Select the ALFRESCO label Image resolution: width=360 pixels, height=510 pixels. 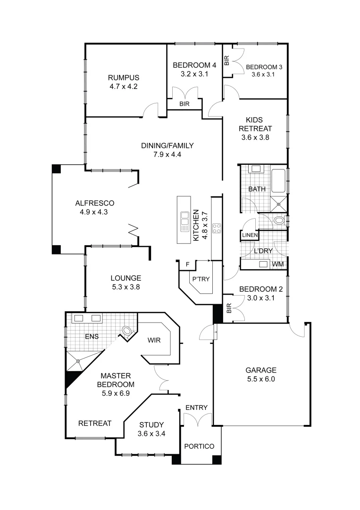point(94,203)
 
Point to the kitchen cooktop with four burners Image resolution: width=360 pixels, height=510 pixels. point(217,228)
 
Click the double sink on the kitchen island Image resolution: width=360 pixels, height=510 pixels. point(183,221)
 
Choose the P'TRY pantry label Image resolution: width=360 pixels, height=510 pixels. point(200,279)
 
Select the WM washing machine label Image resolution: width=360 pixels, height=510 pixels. point(278,264)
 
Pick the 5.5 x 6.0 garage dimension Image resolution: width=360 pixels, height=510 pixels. point(260,379)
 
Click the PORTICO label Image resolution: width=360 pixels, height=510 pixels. point(199,446)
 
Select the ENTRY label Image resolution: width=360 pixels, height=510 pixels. point(196,408)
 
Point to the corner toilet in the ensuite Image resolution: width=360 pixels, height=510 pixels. point(127,331)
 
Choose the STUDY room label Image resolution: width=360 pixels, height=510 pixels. point(151,424)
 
